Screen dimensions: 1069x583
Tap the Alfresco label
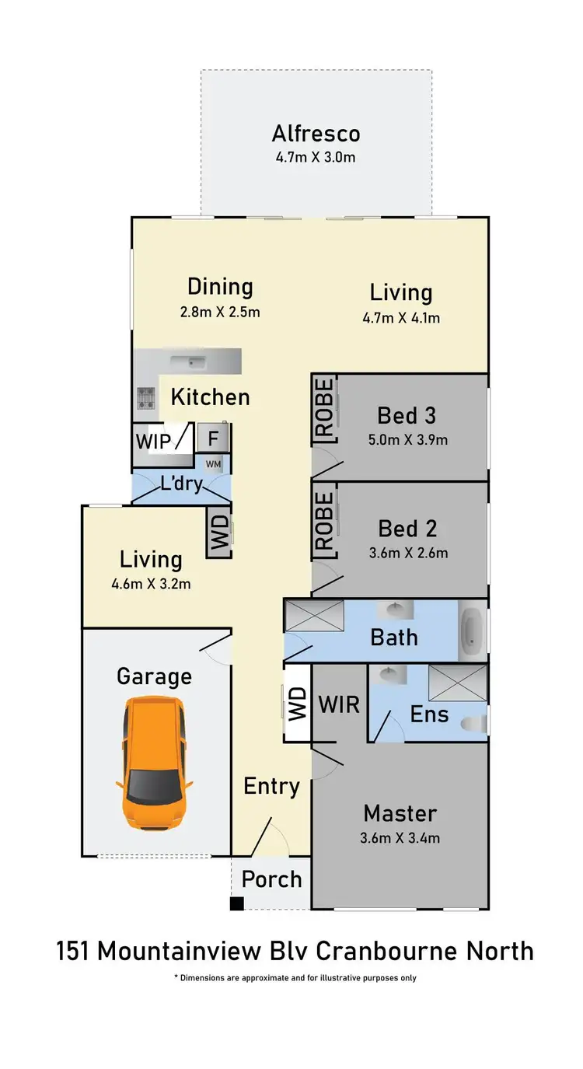pyautogui.click(x=316, y=134)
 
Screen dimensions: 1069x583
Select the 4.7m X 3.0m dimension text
pyautogui.click(x=316, y=158)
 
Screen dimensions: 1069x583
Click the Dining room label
pyautogui.click(x=220, y=287)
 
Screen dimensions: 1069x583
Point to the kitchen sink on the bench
pyautogui.click(x=187, y=361)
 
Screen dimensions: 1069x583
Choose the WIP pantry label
pyautogui.click(x=154, y=441)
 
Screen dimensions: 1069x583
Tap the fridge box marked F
pyautogui.click(x=213, y=438)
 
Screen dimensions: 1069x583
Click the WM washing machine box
pyautogui.click(x=213, y=464)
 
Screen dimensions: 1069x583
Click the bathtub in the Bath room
pyautogui.click(x=472, y=630)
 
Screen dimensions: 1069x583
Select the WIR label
pyautogui.click(x=339, y=704)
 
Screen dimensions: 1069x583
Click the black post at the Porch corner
pyautogui.click(x=236, y=903)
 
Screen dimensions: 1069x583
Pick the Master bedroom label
pyautogui.click(x=400, y=813)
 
